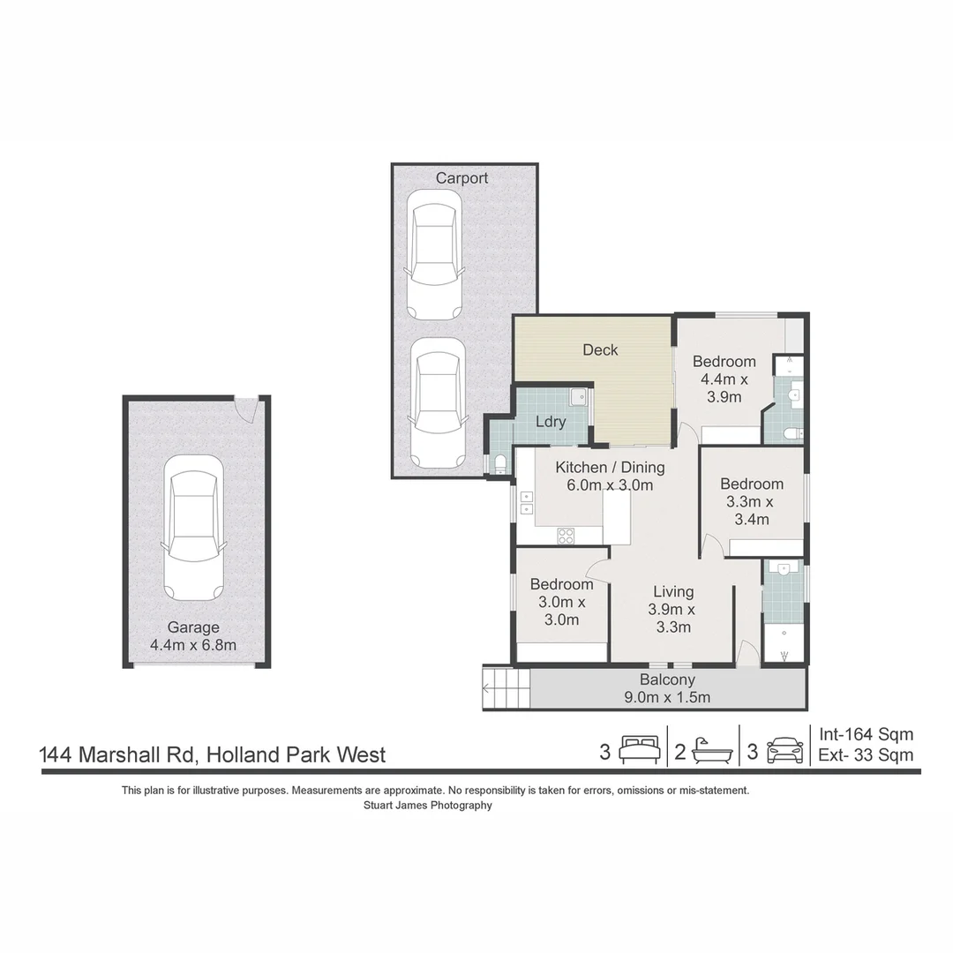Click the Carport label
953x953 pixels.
point(461,178)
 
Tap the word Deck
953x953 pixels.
point(600,350)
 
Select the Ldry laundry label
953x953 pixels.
point(551,422)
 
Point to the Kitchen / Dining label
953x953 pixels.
point(610,476)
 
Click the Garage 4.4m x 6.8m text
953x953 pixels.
point(193,635)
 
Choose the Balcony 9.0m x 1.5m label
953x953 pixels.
point(667,688)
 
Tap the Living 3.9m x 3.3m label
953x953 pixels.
point(672,609)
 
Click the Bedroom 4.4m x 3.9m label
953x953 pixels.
point(724,379)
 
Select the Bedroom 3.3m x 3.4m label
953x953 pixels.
point(751,501)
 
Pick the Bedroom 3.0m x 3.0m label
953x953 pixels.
point(561,602)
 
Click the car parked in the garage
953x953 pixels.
point(193,528)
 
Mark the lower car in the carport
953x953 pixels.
point(438,403)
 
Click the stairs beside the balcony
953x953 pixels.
point(507,688)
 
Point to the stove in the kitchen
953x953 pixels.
point(566,535)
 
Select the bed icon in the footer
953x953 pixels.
point(638,752)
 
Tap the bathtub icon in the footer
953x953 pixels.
point(711,752)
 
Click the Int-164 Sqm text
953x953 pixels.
point(866,734)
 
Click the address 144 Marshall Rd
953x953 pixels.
point(213,755)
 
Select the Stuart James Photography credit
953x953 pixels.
point(428,805)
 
